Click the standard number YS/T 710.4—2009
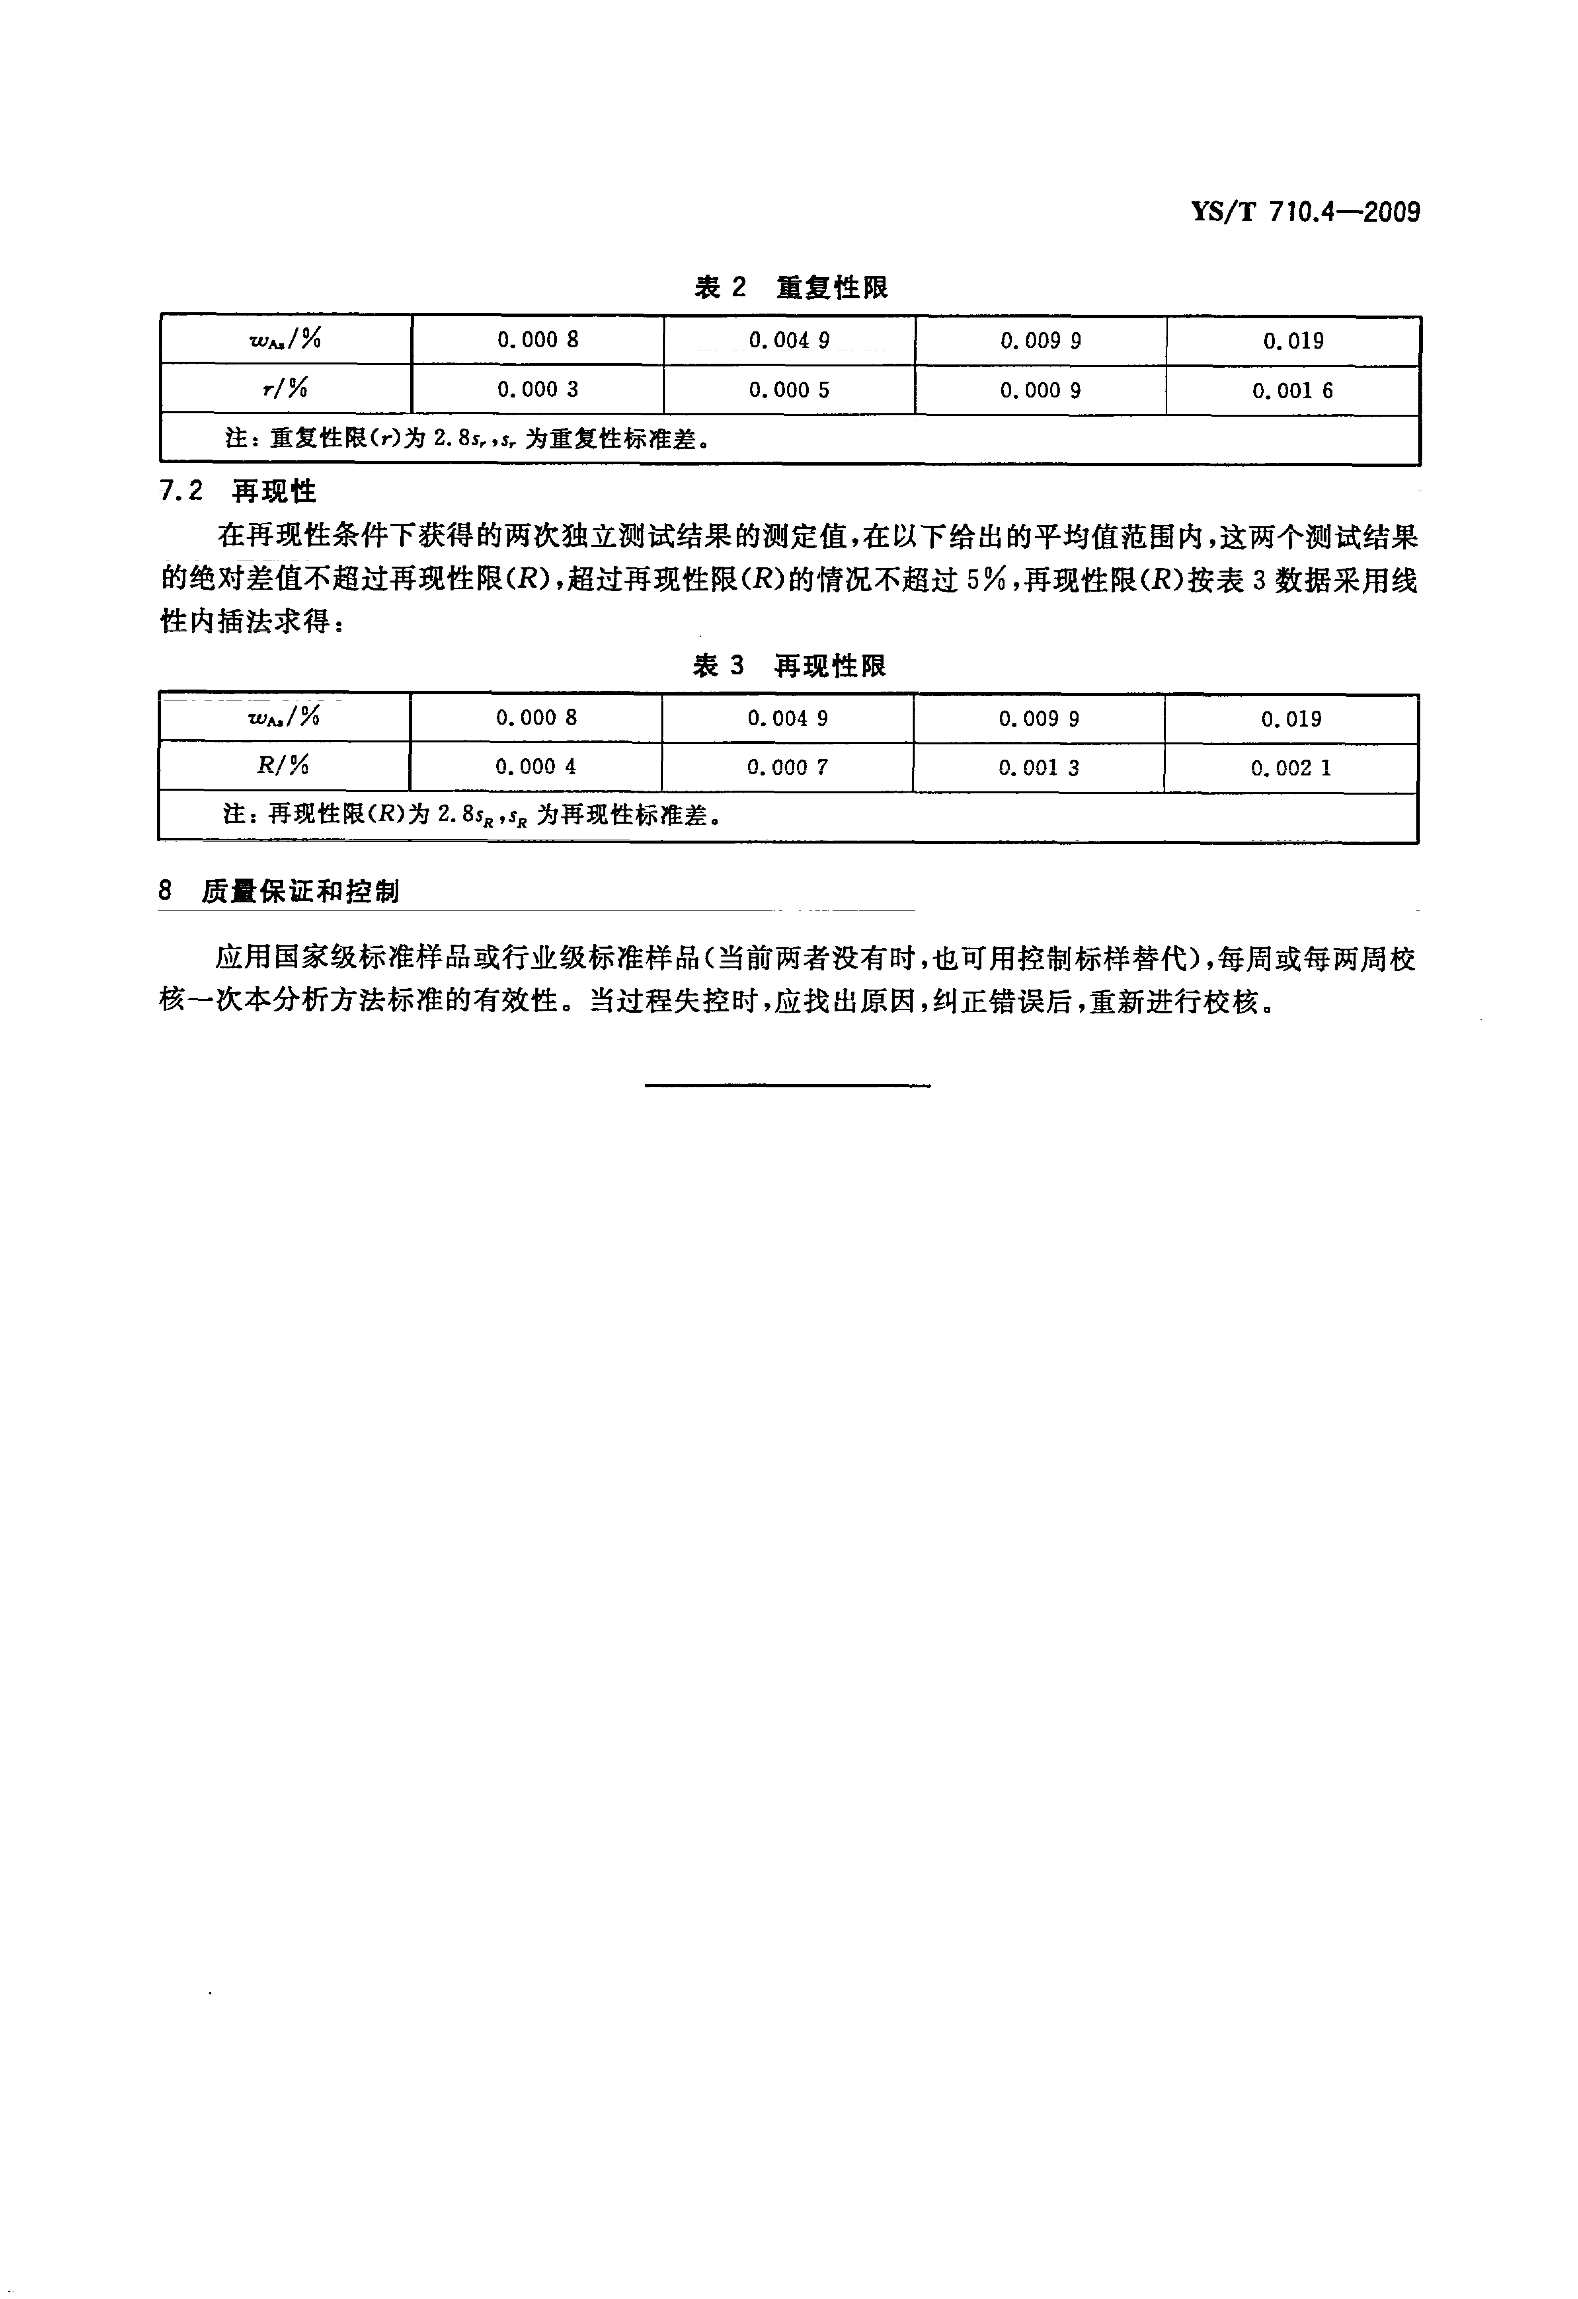coord(1306,212)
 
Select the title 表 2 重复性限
coord(790,288)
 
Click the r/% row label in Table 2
coord(285,389)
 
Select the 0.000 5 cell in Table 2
coord(789,390)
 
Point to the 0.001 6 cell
coord(1292,391)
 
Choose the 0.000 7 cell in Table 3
coord(787,767)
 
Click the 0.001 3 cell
coord(1038,767)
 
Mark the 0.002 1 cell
coord(1290,768)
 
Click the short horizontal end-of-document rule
coord(788,1086)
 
